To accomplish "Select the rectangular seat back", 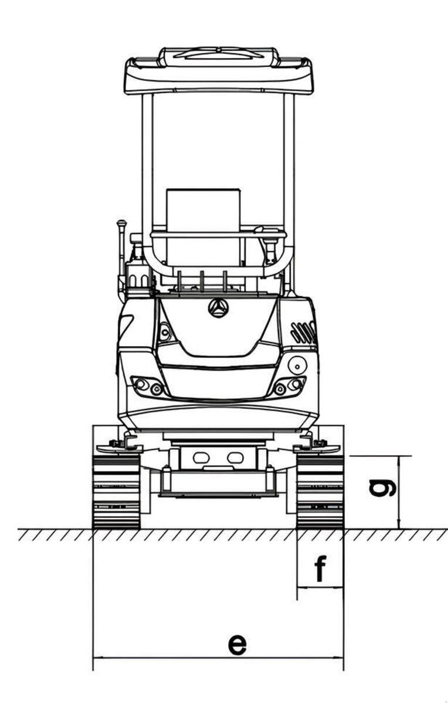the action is [x=203, y=227].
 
